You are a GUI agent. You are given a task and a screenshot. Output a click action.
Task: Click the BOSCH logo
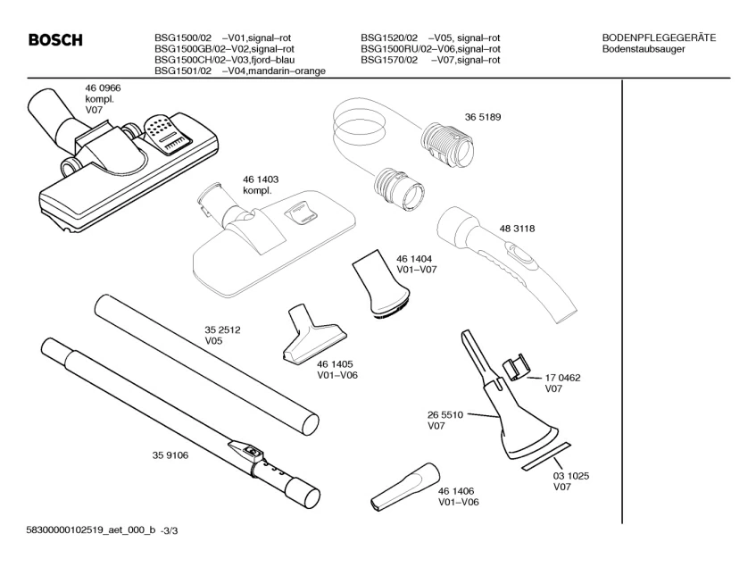tap(55, 40)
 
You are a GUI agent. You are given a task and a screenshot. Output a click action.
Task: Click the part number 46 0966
tap(103, 88)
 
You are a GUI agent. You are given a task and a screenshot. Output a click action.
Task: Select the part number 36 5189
tap(482, 116)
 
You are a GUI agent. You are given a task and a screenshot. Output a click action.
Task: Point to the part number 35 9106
tap(158, 455)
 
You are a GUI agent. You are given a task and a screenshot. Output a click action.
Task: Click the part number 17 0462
tap(563, 378)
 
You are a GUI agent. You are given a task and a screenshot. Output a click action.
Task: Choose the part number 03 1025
tap(571, 476)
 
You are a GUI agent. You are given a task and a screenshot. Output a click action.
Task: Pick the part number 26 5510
tap(445, 415)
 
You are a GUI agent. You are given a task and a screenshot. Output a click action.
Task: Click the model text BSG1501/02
tap(183, 71)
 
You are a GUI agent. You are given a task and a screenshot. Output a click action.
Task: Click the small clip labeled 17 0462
tap(513, 366)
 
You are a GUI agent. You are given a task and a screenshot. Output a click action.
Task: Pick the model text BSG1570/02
tap(389, 61)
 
